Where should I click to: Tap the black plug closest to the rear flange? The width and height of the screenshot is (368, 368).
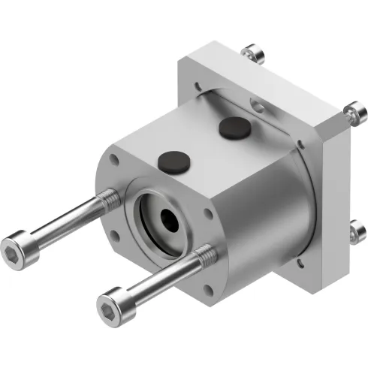pyautogui.click(x=233, y=128)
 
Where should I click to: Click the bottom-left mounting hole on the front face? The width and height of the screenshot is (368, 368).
pyautogui.click(x=117, y=240)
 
